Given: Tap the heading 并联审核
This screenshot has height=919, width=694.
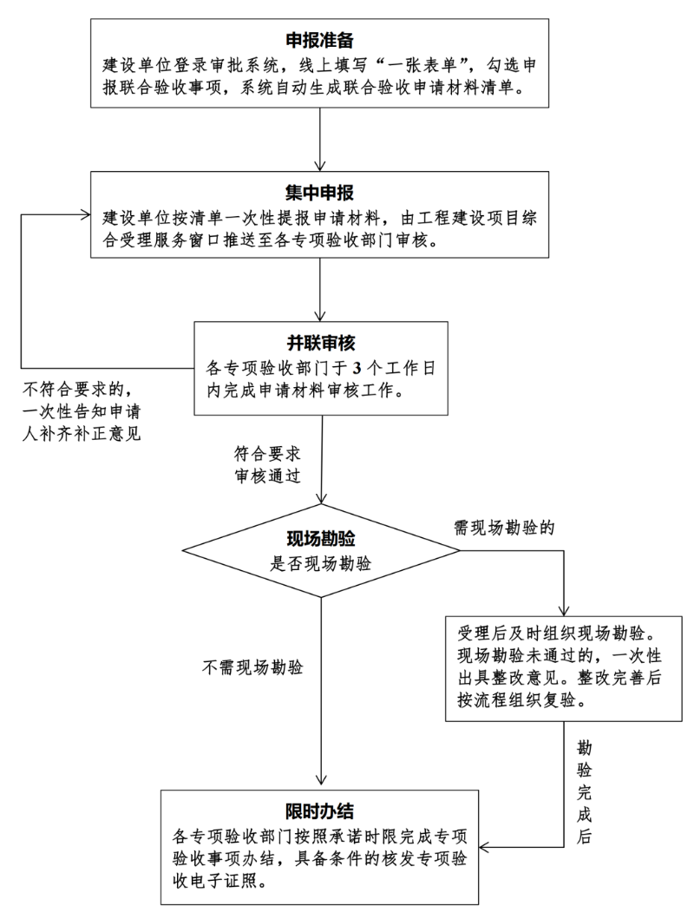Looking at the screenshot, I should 322,341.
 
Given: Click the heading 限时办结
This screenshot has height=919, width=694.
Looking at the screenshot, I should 320,811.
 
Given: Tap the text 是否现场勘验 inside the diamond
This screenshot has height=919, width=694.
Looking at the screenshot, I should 321,562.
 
